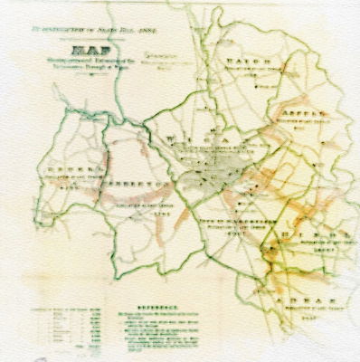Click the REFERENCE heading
tap(157, 307)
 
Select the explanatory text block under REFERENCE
tap(163, 330)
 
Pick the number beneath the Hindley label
tap(316, 254)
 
